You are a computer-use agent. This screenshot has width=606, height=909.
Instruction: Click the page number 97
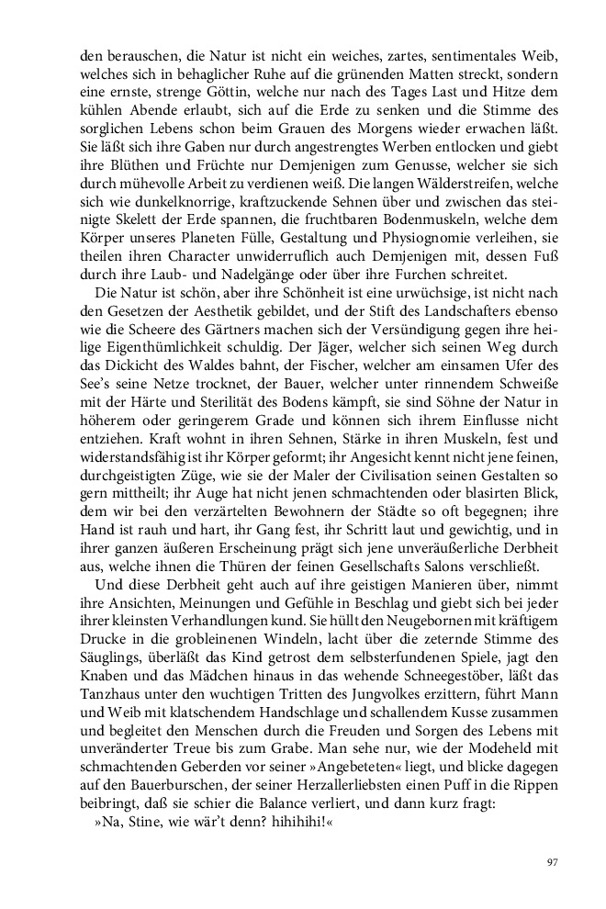tap(553, 862)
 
